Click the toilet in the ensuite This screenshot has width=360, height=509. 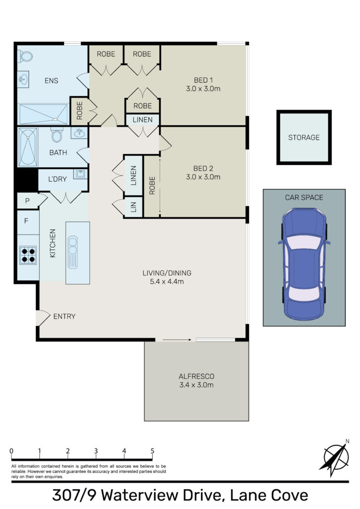tap(25, 56)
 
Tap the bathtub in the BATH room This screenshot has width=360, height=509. tap(28, 147)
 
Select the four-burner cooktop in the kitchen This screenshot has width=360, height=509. tap(28, 255)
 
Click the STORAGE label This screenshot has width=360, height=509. tap(304, 138)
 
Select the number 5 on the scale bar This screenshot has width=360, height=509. tap(152, 451)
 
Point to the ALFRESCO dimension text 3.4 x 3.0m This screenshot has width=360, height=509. tap(196, 385)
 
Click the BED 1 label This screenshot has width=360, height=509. tap(203, 80)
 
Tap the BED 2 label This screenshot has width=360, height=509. tap(203, 169)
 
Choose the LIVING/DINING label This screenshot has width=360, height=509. tap(167, 273)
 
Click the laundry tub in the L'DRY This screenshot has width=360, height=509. tap(80, 174)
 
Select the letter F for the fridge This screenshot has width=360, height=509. tap(26, 221)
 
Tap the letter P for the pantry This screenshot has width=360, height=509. tap(27, 201)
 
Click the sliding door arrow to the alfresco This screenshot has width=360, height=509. tap(177, 340)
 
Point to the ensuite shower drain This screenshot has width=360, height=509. tap(55, 119)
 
